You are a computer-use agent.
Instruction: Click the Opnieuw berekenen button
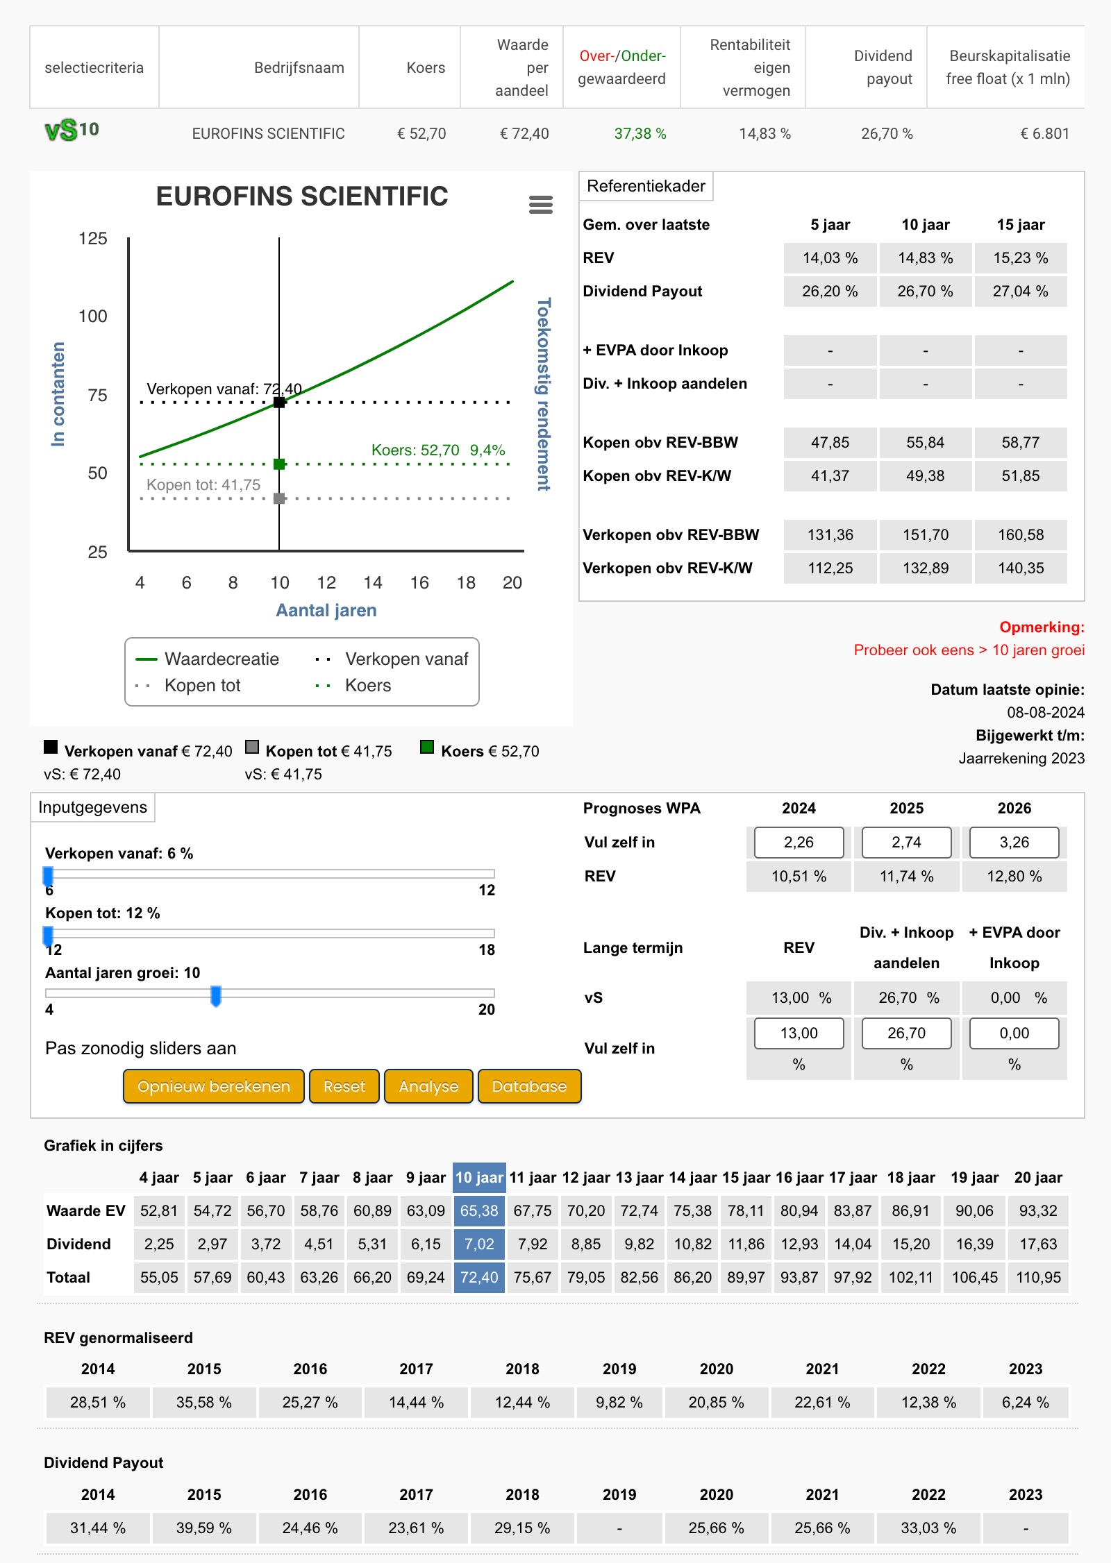pos(214,1086)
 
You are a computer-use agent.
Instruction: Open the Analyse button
pos(428,1086)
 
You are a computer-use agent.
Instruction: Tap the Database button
pos(529,1086)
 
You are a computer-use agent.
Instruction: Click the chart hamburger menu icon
pos(541,205)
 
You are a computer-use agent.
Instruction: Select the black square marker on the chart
pos(279,403)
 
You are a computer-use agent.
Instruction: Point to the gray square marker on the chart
pos(279,498)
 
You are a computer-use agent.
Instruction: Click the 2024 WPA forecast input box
pos(799,843)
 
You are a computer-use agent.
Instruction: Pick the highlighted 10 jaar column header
pos(479,1178)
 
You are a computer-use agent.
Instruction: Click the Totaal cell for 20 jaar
pos(1038,1278)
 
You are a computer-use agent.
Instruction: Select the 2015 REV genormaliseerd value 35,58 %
pos(204,1403)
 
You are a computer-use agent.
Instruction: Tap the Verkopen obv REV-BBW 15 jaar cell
pos(1021,535)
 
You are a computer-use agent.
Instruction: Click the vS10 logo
pos(72,130)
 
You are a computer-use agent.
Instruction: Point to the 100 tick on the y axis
pos(93,316)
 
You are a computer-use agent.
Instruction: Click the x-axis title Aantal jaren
pos(326,611)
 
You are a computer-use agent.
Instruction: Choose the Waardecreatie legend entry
pos(208,659)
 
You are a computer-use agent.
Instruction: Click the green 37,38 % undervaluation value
pos(640,134)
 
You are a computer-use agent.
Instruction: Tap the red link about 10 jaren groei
pos(969,650)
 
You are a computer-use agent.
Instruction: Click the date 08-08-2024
pos(1046,713)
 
